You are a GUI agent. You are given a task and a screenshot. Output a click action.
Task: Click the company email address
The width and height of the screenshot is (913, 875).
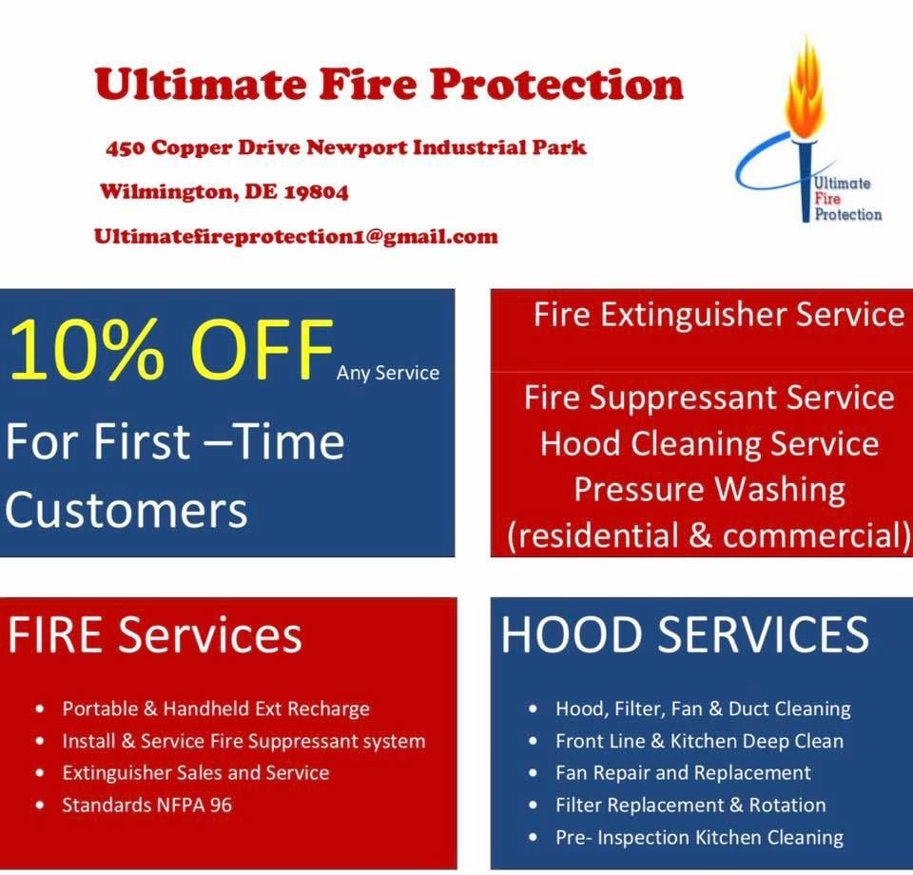(x=296, y=237)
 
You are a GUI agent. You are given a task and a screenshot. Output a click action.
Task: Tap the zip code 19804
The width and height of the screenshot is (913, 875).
(x=315, y=192)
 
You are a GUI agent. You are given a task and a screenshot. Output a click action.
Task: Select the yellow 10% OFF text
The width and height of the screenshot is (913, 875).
(x=171, y=351)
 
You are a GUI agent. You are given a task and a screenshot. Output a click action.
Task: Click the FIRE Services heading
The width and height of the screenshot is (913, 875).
(x=155, y=634)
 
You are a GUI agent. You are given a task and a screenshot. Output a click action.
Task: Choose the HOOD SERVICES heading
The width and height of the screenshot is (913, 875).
(x=685, y=634)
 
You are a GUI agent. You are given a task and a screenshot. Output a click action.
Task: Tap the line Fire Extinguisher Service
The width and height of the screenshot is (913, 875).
(x=718, y=315)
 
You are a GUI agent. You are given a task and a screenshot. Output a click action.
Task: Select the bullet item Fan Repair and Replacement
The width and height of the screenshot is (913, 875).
(x=683, y=772)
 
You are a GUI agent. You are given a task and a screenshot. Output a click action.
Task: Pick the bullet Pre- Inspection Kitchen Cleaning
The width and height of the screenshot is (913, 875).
(x=699, y=837)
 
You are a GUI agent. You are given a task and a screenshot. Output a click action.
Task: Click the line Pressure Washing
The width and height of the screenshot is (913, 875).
(x=709, y=489)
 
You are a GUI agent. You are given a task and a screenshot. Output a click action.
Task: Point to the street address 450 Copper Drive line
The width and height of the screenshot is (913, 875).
(x=346, y=147)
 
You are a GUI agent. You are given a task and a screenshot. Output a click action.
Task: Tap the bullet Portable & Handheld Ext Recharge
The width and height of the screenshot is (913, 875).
(x=216, y=709)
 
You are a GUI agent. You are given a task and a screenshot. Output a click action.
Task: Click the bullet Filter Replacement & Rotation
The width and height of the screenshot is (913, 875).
(x=690, y=805)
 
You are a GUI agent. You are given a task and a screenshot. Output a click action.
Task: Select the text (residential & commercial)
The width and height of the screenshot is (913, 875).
(x=709, y=535)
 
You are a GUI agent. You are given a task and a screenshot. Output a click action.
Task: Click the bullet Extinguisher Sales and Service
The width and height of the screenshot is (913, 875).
(x=195, y=772)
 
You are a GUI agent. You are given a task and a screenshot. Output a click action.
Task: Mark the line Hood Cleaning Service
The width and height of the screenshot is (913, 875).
(x=709, y=443)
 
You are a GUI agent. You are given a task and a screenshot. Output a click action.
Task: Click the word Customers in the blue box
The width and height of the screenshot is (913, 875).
(x=126, y=510)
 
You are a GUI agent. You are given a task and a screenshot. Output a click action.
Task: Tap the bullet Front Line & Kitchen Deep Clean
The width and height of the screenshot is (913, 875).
(x=699, y=741)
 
